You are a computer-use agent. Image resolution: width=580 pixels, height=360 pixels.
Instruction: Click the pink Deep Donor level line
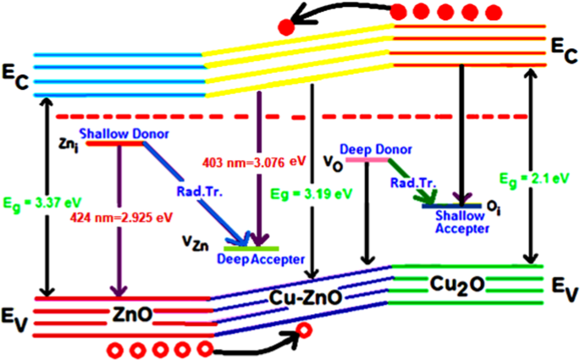(365, 159)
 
